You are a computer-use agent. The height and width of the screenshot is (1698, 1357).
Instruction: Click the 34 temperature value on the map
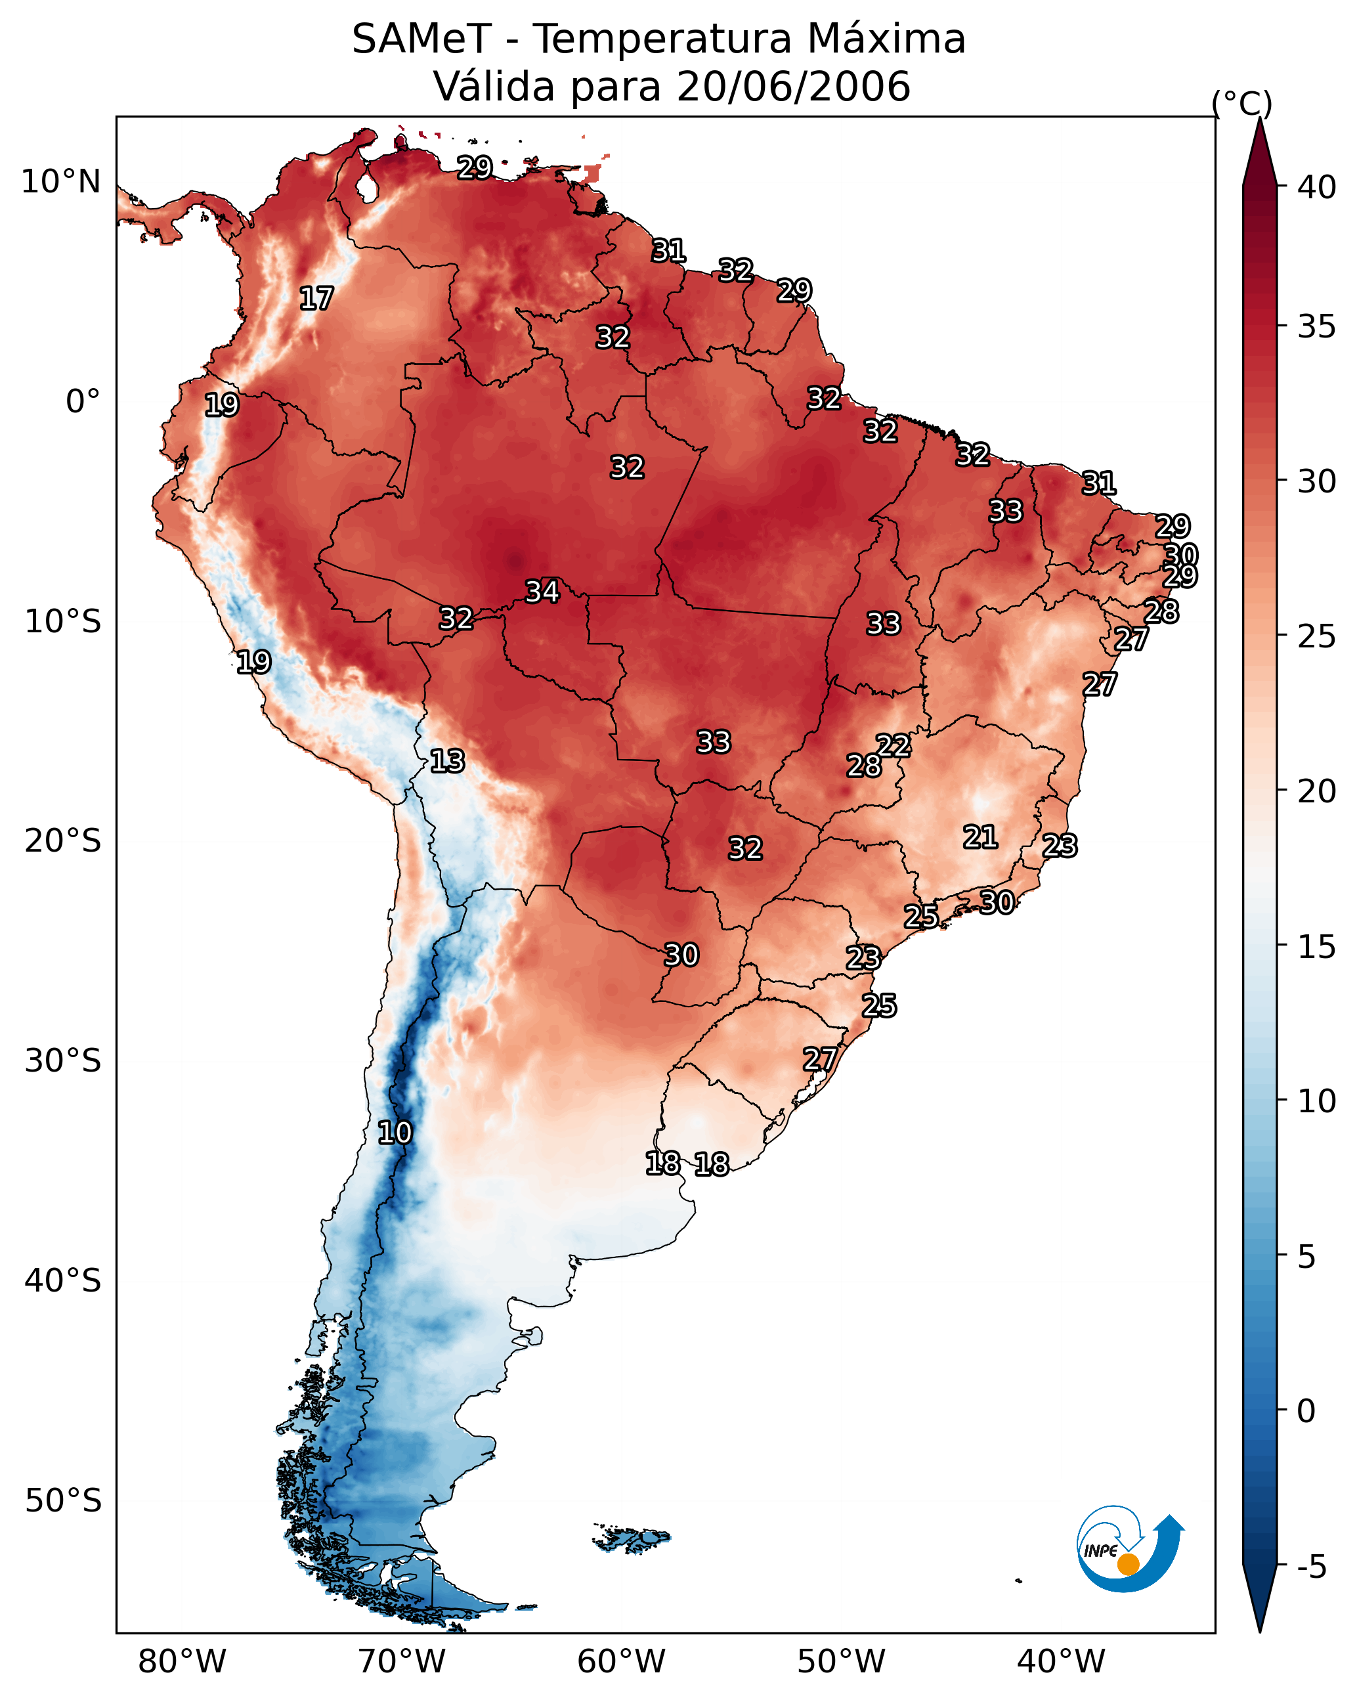pos(542,592)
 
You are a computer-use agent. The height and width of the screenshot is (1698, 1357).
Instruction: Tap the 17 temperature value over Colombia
pos(316,299)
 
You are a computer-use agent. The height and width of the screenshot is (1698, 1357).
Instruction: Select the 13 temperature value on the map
pos(446,761)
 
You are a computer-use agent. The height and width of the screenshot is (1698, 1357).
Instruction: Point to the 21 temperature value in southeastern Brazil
pos(980,837)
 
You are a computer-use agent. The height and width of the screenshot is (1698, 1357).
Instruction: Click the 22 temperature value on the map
pos(893,745)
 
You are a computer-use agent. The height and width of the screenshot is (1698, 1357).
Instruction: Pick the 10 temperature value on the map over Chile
pos(394,1133)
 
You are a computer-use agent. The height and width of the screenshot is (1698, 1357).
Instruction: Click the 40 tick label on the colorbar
pos(1317,187)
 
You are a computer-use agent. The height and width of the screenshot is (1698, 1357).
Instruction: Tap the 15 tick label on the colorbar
pos(1317,947)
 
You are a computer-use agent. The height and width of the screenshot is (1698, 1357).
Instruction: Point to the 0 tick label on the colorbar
pos(1306,1411)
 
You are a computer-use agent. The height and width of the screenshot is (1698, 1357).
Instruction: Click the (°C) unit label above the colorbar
pos(1242,103)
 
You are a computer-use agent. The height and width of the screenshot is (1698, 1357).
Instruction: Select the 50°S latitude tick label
pos(63,1501)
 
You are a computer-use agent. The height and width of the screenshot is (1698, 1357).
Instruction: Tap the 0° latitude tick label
pos(83,402)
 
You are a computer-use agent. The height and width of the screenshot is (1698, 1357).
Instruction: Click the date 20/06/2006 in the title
pos(793,87)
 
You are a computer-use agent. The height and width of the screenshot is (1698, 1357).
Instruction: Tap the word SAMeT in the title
pos(421,39)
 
